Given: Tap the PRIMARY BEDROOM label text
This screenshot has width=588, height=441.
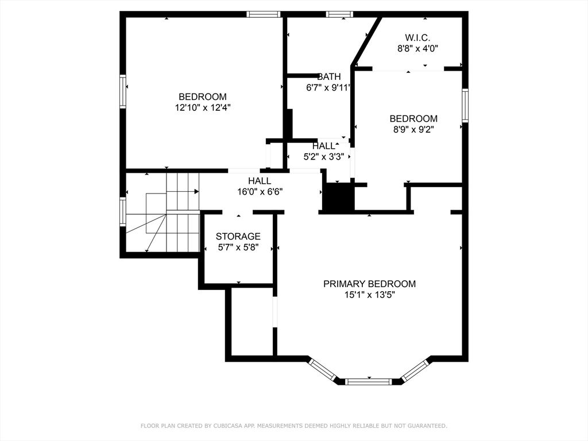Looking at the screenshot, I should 369,284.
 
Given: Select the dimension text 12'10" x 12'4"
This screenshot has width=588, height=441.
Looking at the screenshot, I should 203,107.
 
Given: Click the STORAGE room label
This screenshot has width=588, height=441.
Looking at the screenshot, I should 238,237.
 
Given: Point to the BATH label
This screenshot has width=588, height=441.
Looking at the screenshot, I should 329,76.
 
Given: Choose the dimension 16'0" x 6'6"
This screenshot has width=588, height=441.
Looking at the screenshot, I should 260,192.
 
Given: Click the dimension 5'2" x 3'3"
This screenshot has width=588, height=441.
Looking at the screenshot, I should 323,157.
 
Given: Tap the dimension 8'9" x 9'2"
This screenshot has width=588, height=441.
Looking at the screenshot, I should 413,130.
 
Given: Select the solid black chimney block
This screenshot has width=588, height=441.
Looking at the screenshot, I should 338,198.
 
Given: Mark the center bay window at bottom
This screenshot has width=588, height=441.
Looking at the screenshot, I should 369,381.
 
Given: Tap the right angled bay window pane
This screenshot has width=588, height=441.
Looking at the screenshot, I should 415,370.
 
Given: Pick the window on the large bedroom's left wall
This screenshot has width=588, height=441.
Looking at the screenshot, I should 123,91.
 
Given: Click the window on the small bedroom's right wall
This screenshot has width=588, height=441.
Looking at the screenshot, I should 465,105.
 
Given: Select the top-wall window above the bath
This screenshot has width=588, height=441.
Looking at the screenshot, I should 339,14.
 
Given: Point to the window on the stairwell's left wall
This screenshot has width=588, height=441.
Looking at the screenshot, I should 123,211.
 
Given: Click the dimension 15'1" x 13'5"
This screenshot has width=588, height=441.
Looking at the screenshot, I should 369,295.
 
